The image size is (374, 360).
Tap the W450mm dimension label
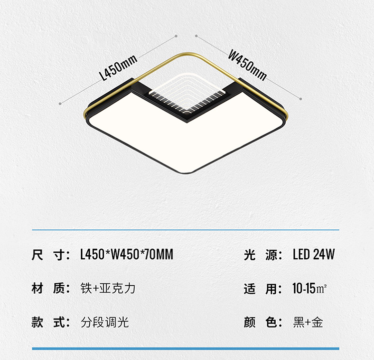(247, 64)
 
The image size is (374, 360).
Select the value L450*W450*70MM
(127, 255)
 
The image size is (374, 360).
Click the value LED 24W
(313, 255)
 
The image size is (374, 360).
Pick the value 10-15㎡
(309, 288)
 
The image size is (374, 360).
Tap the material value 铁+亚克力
(108, 288)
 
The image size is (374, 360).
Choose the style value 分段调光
(105, 322)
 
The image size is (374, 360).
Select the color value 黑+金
(308, 322)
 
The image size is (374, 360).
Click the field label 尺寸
(50, 255)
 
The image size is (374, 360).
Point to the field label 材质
(50, 288)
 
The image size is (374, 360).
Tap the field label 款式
(50, 322)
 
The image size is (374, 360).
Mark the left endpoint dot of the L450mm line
(60, 103)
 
